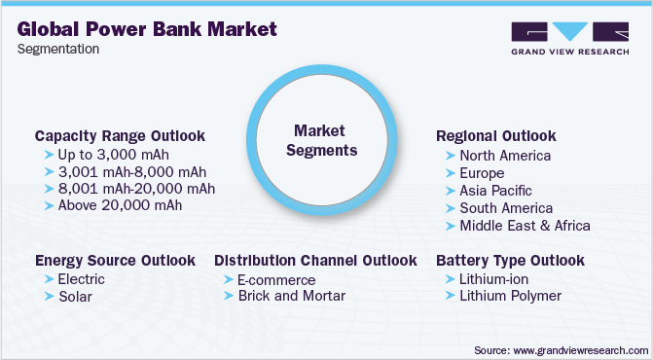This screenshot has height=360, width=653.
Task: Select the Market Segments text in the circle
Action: pos(326,140)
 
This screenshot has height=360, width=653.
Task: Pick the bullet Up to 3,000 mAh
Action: pos(113,155)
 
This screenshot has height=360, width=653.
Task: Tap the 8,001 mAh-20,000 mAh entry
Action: pos(135,188)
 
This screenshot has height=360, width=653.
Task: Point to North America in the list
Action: pos(505,156)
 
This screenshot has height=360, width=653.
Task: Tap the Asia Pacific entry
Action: pos(496,191)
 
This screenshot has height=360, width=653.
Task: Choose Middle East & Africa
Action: pos(525,226)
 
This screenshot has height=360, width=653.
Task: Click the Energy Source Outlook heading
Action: pos(115,261)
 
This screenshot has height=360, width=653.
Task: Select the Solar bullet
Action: pos(75,296)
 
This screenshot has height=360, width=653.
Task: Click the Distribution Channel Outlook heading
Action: pos(315,261)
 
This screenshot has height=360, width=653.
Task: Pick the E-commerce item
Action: pos(276,280)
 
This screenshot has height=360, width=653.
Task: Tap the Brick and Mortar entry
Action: pos(291,296)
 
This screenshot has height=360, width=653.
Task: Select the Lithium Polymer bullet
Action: pos(510,296)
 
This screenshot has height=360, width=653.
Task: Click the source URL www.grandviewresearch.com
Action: pos(578,347)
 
